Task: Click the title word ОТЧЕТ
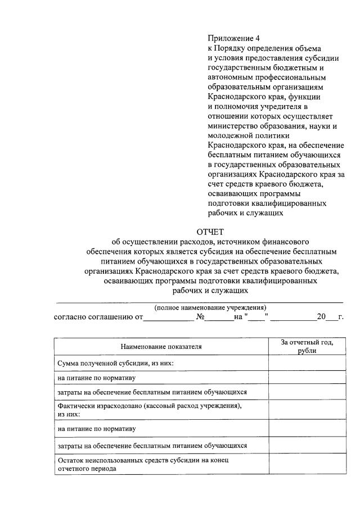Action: click(x=210, y=232)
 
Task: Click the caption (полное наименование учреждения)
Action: click(x=209, y=307)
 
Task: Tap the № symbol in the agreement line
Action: click(x=200, y=316)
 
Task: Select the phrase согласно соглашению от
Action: click(x=98, y=316)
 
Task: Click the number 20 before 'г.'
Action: click(x=321, y=316)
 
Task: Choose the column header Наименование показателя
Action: click(x=161, y=347)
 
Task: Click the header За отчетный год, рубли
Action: click(x=307, y=346)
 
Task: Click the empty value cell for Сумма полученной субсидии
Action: click(x=307, y=363)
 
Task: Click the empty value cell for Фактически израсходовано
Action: click(x=307, y=409)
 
